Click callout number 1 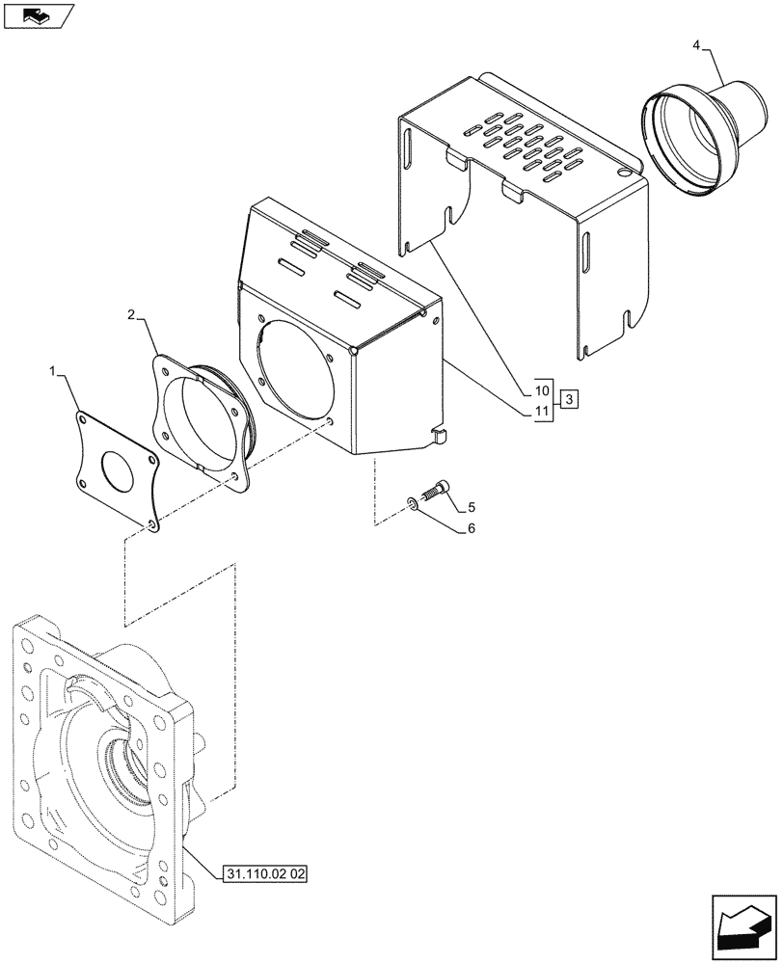click(56, 370)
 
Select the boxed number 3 click(570, 399)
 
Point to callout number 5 click(472, 507)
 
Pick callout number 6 click(472, 528)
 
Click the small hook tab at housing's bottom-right click(440, 437)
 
